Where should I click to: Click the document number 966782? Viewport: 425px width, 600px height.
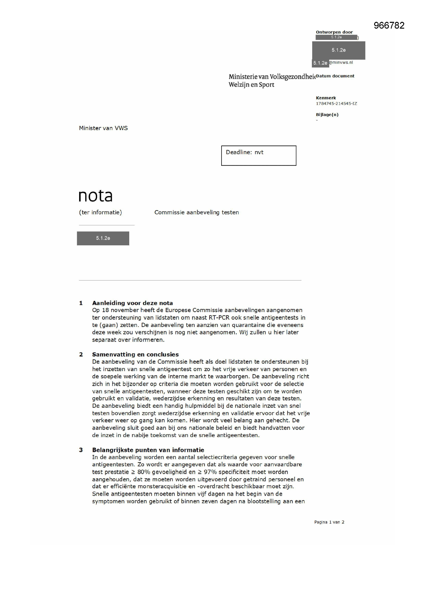coord(389,25)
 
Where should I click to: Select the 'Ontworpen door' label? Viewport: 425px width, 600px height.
coord(334,32)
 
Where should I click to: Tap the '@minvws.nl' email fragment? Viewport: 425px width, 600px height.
coord(341,62)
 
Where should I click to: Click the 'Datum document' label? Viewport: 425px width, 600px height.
coord(335,76)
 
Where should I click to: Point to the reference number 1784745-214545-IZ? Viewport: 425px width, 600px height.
coord(336,103)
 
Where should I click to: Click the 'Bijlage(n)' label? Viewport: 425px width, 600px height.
coord(327,114)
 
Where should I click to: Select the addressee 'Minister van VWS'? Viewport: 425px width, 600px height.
coord(103,128)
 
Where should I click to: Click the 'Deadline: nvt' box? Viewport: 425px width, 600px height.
coord(258,156)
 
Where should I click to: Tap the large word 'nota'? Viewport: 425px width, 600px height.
coord(96,196)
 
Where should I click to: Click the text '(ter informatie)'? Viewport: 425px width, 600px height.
coord(100,212)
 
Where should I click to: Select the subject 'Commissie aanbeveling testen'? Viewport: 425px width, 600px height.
coord(197,212)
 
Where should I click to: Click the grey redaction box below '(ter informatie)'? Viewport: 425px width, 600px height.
coord(103,238)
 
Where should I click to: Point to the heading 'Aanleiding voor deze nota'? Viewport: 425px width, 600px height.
coord(132,303)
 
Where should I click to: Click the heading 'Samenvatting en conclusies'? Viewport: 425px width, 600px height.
coord(135,354)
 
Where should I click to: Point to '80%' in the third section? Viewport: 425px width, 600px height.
coord(144,472)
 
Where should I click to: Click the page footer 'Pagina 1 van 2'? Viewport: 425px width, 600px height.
coord(329,522)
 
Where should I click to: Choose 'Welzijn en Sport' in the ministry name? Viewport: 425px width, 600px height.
coord(251,85)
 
